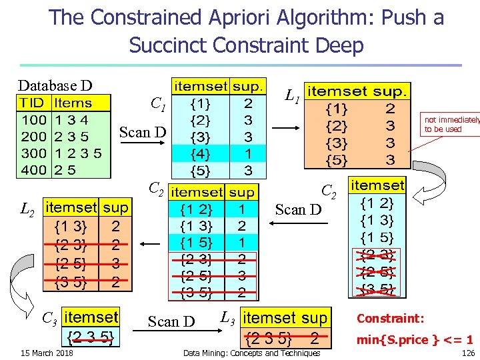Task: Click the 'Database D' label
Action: click(x=55, y=85)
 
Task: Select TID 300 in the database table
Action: click(x=33, y=153)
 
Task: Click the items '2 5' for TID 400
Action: click(x=65, y=169)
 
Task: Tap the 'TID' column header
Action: click(x=32, y=103)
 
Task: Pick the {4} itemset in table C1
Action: click(x=199, y=153)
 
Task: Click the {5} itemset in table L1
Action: click(x=336, y=159)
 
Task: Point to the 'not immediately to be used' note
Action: click(x=451, y=124)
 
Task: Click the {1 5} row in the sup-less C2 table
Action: click(x=377, y=237)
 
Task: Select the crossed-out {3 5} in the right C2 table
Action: click(x=377, y=288)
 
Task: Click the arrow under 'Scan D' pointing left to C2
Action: click(x=298, y=225)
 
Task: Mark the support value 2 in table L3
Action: click(x=314, y=337)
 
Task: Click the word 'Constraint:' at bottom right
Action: click(x=390, y=318)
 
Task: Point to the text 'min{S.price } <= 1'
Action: click(x=415, y=339)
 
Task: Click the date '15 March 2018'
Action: click(x=47, y=353)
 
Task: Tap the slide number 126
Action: click(x=468, y=353)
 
